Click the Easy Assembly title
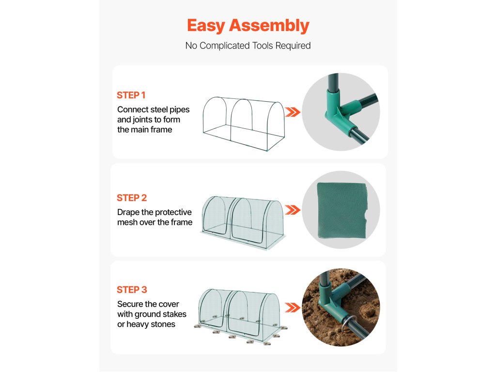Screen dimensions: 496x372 (x=248, y=26)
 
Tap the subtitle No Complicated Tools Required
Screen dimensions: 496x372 (x=248, y=46)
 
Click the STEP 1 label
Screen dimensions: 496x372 (x=131, y=95)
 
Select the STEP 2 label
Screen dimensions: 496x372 (x=132, y=198)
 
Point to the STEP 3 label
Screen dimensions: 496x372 (x=132, y=290)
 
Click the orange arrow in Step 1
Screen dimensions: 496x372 (x=293, y=112)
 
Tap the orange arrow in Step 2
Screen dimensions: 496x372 (x=293, y=210)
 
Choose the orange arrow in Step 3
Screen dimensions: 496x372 (x=293, y=308)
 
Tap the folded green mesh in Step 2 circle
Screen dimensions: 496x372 (x=342, y=211)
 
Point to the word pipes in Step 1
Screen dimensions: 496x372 (x=179, y=110)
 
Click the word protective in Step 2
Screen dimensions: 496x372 (x=173, y=212)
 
